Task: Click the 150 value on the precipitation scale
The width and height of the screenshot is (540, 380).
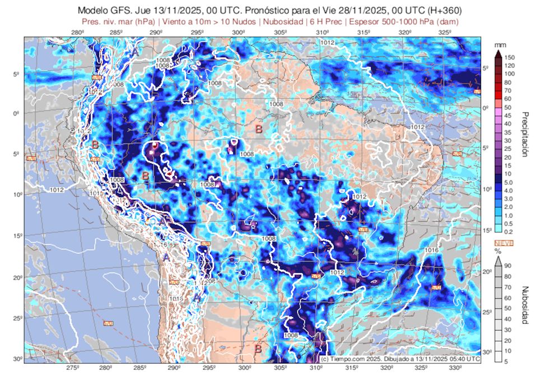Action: [x=509, y=57]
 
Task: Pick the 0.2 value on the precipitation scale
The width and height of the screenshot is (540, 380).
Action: [x=508, y=232]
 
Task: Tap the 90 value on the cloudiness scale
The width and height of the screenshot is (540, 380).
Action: [x=508, y=266]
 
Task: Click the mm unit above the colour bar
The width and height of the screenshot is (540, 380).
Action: [x=500, y=44]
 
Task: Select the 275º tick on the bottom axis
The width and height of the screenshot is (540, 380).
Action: [x=72, y=368]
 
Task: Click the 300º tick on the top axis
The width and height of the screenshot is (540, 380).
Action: [x=239, y=33]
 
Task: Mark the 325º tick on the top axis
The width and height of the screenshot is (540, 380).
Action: [x=445, y=33]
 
